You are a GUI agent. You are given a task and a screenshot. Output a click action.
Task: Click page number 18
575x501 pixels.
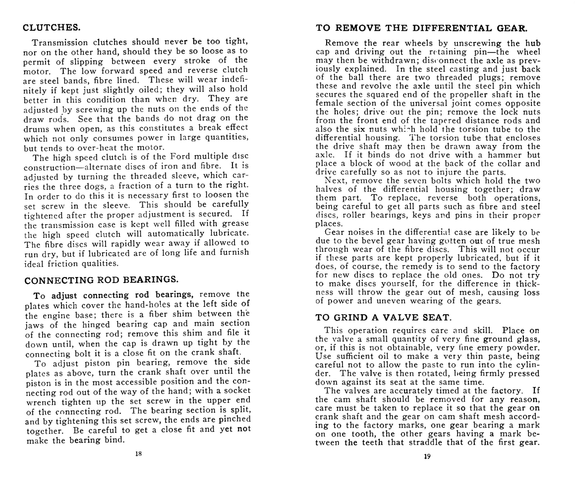(138, 454)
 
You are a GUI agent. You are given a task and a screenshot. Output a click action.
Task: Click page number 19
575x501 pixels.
(427, 456)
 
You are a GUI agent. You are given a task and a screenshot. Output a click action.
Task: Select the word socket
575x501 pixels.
(235, 390)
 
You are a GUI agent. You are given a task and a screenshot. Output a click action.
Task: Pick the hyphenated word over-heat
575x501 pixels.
(93, 148)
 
